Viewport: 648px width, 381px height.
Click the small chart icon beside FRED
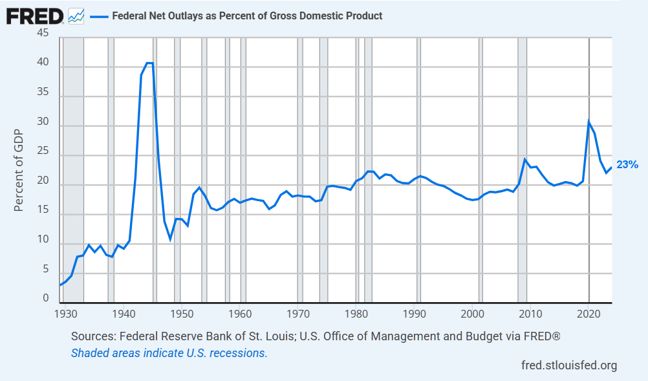click(76, 16)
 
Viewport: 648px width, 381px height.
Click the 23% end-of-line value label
click(627, 165)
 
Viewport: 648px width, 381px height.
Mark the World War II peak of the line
click(149, 63)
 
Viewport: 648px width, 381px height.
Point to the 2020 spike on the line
click(589, 121)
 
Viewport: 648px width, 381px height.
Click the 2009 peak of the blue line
click(525, 159)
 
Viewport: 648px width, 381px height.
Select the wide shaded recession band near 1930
click(73, 168)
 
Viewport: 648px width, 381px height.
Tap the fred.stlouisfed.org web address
click(569, 365)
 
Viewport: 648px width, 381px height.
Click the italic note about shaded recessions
click(169, 353)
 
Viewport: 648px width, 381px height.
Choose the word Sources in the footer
click(92, 337)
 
